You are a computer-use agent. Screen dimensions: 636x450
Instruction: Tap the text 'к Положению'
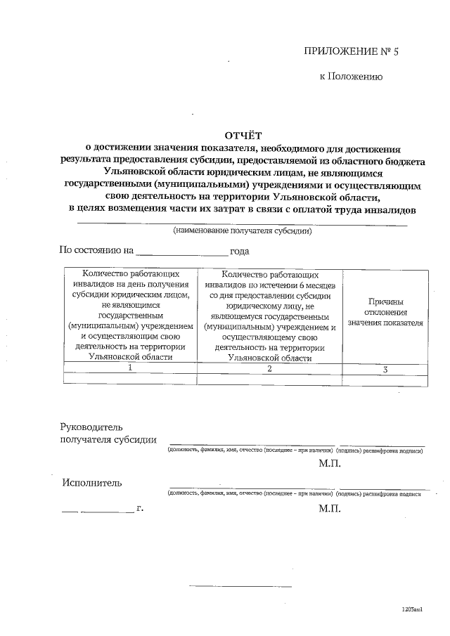351,77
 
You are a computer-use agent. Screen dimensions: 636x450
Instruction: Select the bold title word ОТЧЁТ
242,135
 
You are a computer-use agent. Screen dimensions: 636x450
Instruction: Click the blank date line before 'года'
181,252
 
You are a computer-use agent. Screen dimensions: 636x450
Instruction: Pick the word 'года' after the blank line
240,251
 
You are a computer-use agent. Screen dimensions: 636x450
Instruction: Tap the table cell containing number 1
130,368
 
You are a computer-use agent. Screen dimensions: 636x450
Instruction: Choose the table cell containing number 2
269,368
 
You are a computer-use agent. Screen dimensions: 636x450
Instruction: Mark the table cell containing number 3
385,368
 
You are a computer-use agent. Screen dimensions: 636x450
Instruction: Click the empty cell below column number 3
385,379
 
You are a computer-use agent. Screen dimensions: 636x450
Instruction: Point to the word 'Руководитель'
92,427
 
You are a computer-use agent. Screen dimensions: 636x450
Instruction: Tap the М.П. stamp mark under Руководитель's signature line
329,464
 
